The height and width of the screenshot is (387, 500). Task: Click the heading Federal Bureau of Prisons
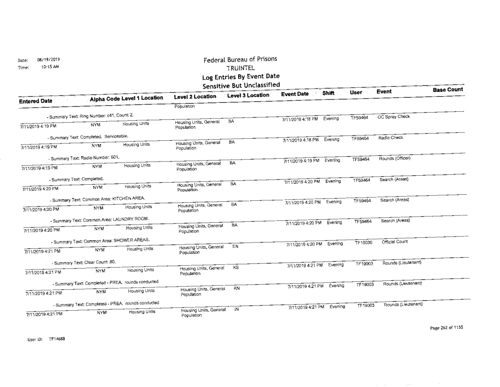240,60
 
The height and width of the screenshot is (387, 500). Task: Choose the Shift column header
328,94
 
